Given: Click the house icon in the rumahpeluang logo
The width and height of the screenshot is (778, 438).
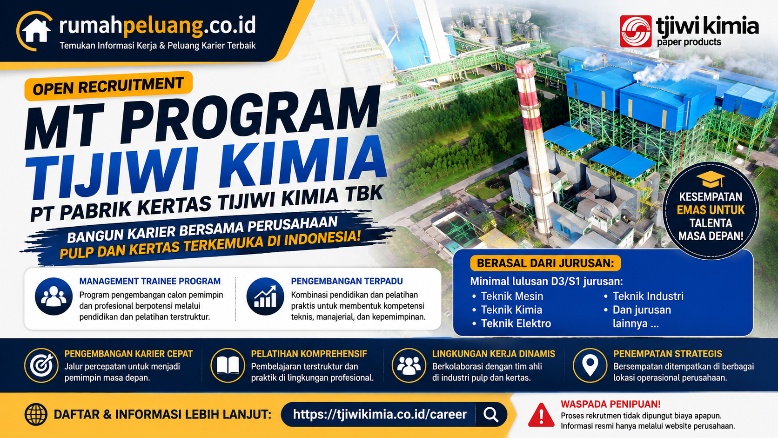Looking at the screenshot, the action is (x=36, y=31).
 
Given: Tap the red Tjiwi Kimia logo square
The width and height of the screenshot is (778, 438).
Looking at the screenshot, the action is (x=636, y=31).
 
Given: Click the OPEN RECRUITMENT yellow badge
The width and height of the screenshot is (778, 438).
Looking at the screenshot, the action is (x=108, y=86).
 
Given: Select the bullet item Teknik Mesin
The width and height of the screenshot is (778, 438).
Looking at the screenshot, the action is (x=508, y=296).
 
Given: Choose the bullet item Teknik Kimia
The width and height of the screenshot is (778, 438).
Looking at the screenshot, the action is (x=507, y=310).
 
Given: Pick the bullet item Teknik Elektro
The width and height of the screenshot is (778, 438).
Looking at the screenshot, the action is (x=511, y=323).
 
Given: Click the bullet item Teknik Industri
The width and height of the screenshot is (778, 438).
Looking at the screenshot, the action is (x=644, y=296).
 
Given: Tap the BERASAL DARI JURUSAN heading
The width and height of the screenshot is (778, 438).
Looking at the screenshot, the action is (x=545, y=263).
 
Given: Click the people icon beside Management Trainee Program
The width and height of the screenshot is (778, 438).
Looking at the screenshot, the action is (x=54, y=296).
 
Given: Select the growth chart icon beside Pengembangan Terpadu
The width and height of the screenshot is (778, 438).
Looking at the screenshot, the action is (x=265, y=296).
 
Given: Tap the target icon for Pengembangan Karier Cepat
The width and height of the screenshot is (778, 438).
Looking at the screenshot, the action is (x=41, y=365).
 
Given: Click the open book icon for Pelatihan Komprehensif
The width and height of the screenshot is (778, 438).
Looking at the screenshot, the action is (x=228, y=365).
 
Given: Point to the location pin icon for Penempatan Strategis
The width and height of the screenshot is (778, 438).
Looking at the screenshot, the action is (x=590, y=365).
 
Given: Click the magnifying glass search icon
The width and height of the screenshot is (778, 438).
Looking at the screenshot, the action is (x=491, y=414).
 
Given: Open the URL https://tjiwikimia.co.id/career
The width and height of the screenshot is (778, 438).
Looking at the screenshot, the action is (x=380, y=414).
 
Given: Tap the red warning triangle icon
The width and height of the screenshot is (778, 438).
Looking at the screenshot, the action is (x=541, y=415).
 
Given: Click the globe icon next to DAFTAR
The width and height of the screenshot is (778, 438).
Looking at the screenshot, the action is (x=36, y=414).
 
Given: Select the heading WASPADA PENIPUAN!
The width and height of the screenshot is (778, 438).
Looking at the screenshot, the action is (x=610, y=404).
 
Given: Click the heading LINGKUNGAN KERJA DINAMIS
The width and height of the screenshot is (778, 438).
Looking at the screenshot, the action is (x=494, y=354).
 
